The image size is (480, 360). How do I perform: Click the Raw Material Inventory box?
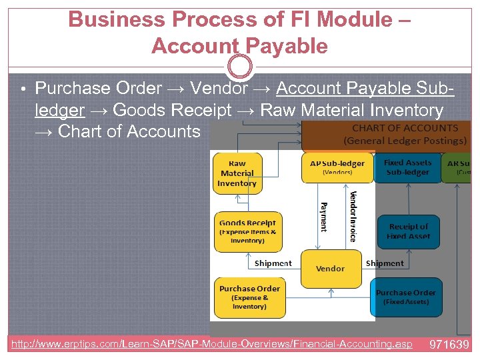(237, 173)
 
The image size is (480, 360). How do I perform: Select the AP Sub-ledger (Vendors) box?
(337, 167)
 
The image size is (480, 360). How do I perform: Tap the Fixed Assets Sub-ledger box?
(407, 167)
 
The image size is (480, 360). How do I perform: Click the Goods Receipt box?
(247, 231)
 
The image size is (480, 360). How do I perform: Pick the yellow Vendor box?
(331, 269)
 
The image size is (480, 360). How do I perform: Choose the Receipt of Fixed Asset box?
(409, 231)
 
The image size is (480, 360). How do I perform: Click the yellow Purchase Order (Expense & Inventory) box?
(249, 297)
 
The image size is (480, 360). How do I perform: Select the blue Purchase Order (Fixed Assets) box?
(405, 297)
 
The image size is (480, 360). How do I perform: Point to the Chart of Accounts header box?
(387, 135)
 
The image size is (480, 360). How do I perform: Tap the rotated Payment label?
(324, 217)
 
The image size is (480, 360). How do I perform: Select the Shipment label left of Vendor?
(273, 263)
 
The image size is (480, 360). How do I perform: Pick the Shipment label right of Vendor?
(385, 263)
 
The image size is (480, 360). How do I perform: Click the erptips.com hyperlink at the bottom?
(212, 345)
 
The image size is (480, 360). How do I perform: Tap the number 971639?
(449, 345)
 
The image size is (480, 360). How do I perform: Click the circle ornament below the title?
(240, 67)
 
